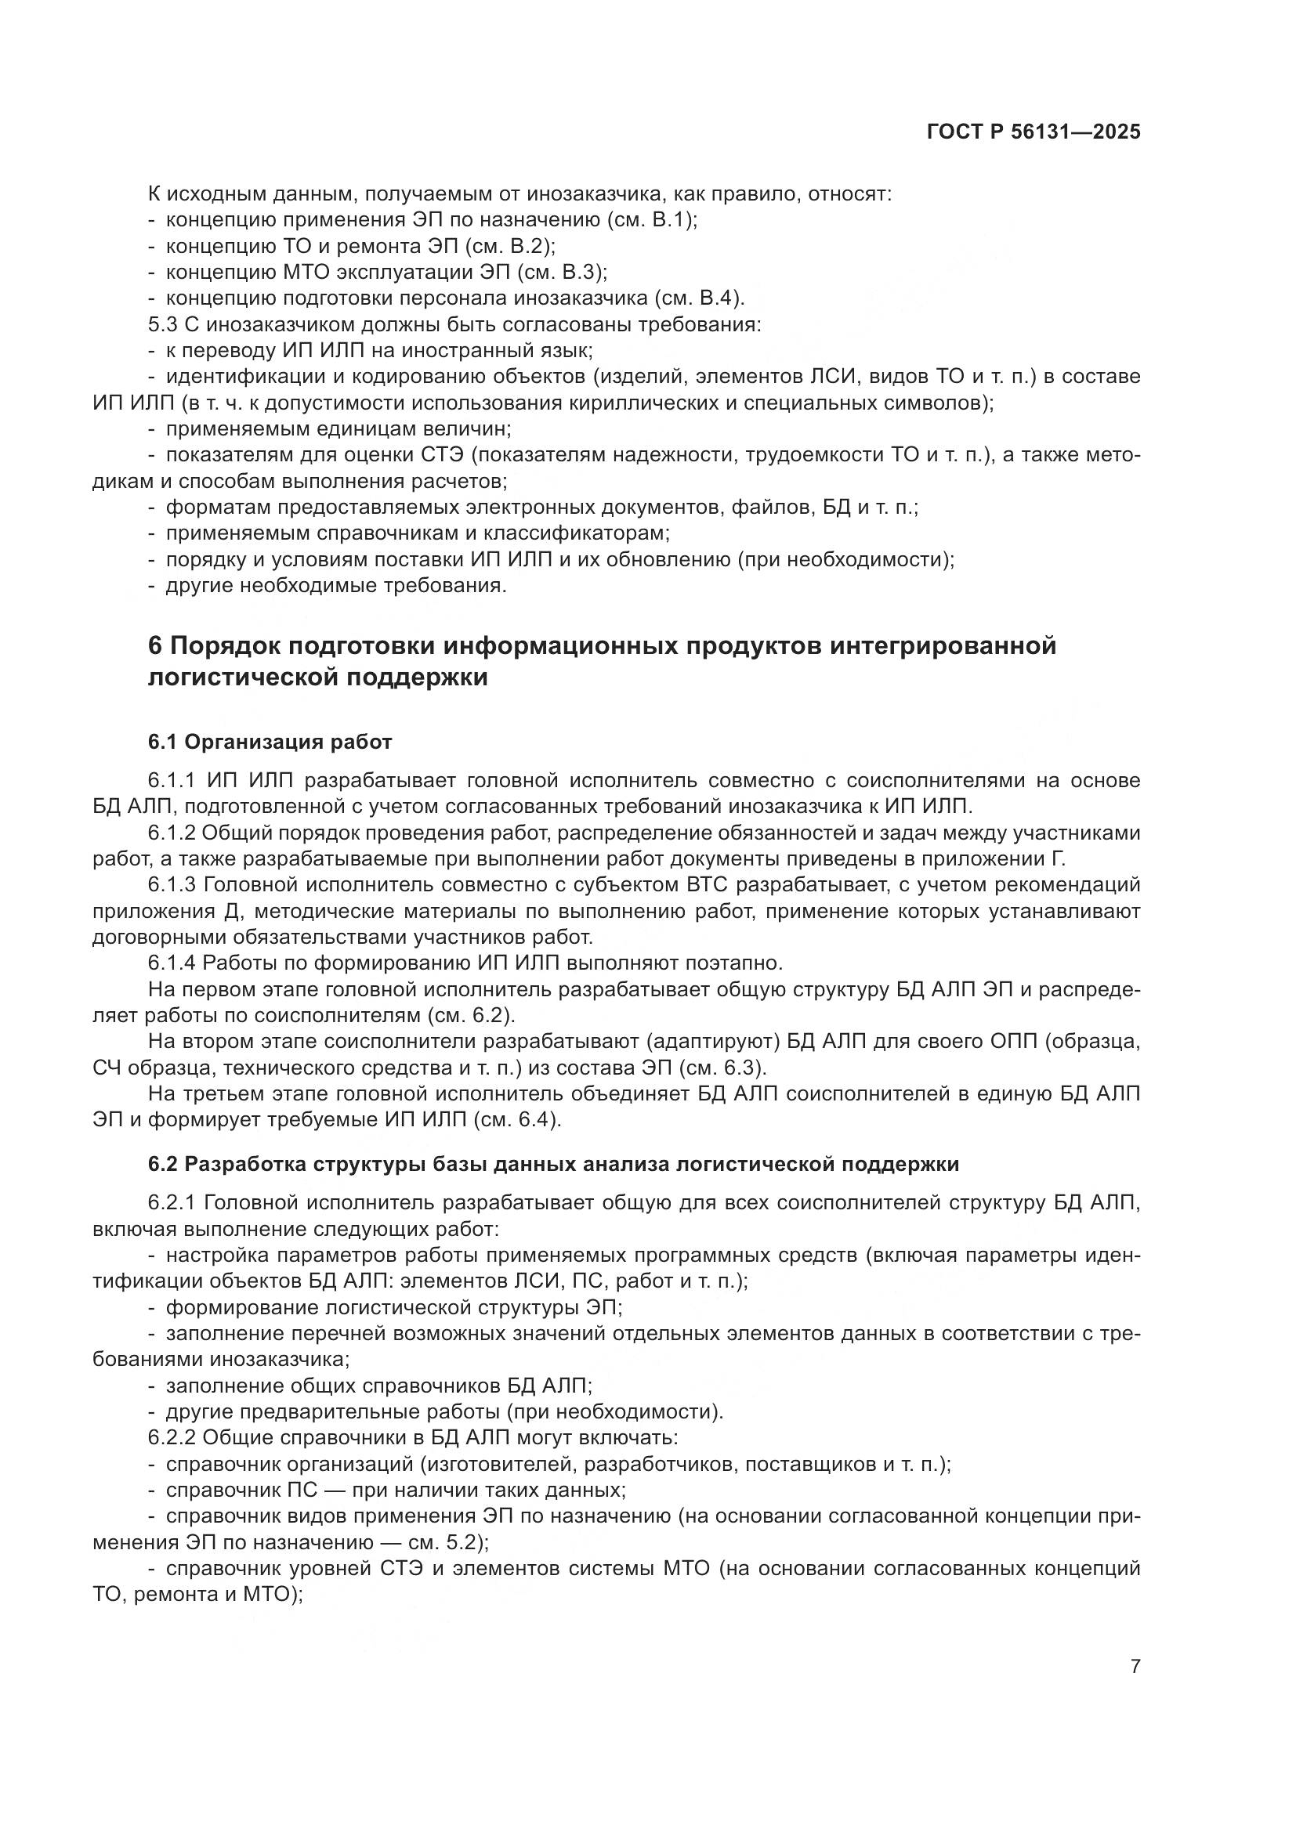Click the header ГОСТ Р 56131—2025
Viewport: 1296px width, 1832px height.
[x=1034, y=132]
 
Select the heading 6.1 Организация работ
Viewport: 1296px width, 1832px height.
[x=270, y=742]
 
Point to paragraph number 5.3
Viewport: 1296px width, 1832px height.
[x=163, y=325]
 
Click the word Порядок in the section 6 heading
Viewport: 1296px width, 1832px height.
[x=222, y=645]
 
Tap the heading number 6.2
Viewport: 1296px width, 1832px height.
[x=163, y=1164]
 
